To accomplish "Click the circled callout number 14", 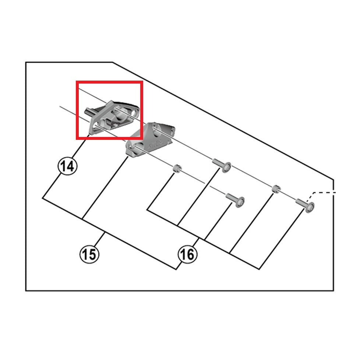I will click(x=67, y=166).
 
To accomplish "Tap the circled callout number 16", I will click(x=187, y=254).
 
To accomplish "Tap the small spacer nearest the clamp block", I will click(x=177, y=169).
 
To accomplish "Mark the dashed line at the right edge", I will click(x=324, y=192).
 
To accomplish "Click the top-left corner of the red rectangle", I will click(x=77, y=82).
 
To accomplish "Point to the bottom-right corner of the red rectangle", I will click(x=141, y=139).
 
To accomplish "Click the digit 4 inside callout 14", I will click(x=70, y=166).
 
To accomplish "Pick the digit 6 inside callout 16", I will click(x=191, y=254).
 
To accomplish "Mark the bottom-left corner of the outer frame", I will click(x=26, y=290).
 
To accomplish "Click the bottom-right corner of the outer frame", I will click(x=333, y=290).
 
